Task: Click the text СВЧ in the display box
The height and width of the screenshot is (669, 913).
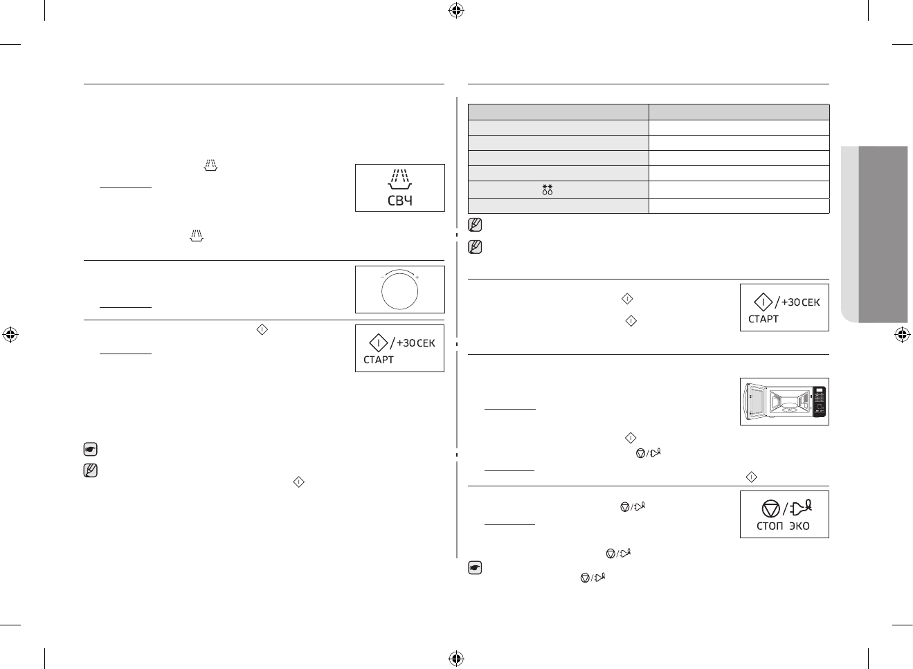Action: click(x=399, y=201)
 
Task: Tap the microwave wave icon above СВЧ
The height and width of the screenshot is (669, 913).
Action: click(x=399, y=179)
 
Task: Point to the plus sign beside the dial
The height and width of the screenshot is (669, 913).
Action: click(x=417, y=277)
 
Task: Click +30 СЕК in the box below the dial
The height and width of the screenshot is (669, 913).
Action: click(x=416, y=342)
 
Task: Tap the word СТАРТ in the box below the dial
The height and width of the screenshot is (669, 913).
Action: click(x=379, y=360)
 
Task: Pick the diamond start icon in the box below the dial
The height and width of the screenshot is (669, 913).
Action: click(x=378, y=342)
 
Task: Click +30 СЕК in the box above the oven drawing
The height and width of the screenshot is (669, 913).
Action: click(x=801, y=302)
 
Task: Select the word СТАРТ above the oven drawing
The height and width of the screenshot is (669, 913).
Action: click(x=763, y=319)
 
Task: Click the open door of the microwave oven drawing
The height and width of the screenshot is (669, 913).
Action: click(x=750, y=402)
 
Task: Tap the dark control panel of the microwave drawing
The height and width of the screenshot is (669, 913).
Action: click(x=820, y=401)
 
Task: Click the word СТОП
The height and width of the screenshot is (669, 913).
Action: click(x=766, y=526)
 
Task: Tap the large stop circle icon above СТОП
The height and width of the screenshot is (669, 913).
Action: click(x=770, y=508)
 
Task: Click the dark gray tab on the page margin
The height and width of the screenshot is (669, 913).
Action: click(x=883, y=233)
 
